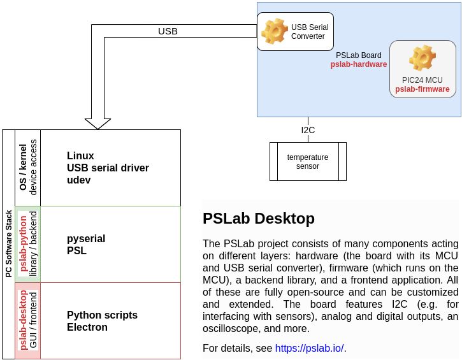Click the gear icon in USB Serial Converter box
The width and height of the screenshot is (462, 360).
coord(275,31)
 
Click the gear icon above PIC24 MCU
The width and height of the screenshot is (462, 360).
coord(422,59)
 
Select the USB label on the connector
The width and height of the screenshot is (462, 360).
coord(168,31)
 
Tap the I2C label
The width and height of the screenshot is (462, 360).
coord(308,130)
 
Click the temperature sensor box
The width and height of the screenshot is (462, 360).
coord(307,162)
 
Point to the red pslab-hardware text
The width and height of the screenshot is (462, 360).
coord(359,64)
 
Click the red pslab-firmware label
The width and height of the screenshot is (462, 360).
coord(422,89)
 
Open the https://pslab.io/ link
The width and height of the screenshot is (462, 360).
coord(309,348)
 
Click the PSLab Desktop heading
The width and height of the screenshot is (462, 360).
coord(258,219)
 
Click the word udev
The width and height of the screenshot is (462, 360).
coord(79,180)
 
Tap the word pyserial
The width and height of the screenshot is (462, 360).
coord(86,238)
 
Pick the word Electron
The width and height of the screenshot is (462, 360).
coord(87,328)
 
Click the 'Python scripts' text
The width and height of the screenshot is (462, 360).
coord(102,315)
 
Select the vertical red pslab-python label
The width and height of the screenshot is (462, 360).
coord(23,244)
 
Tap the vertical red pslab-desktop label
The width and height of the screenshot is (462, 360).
coord(23,320)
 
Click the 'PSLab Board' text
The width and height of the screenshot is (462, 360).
coord(359,55)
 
